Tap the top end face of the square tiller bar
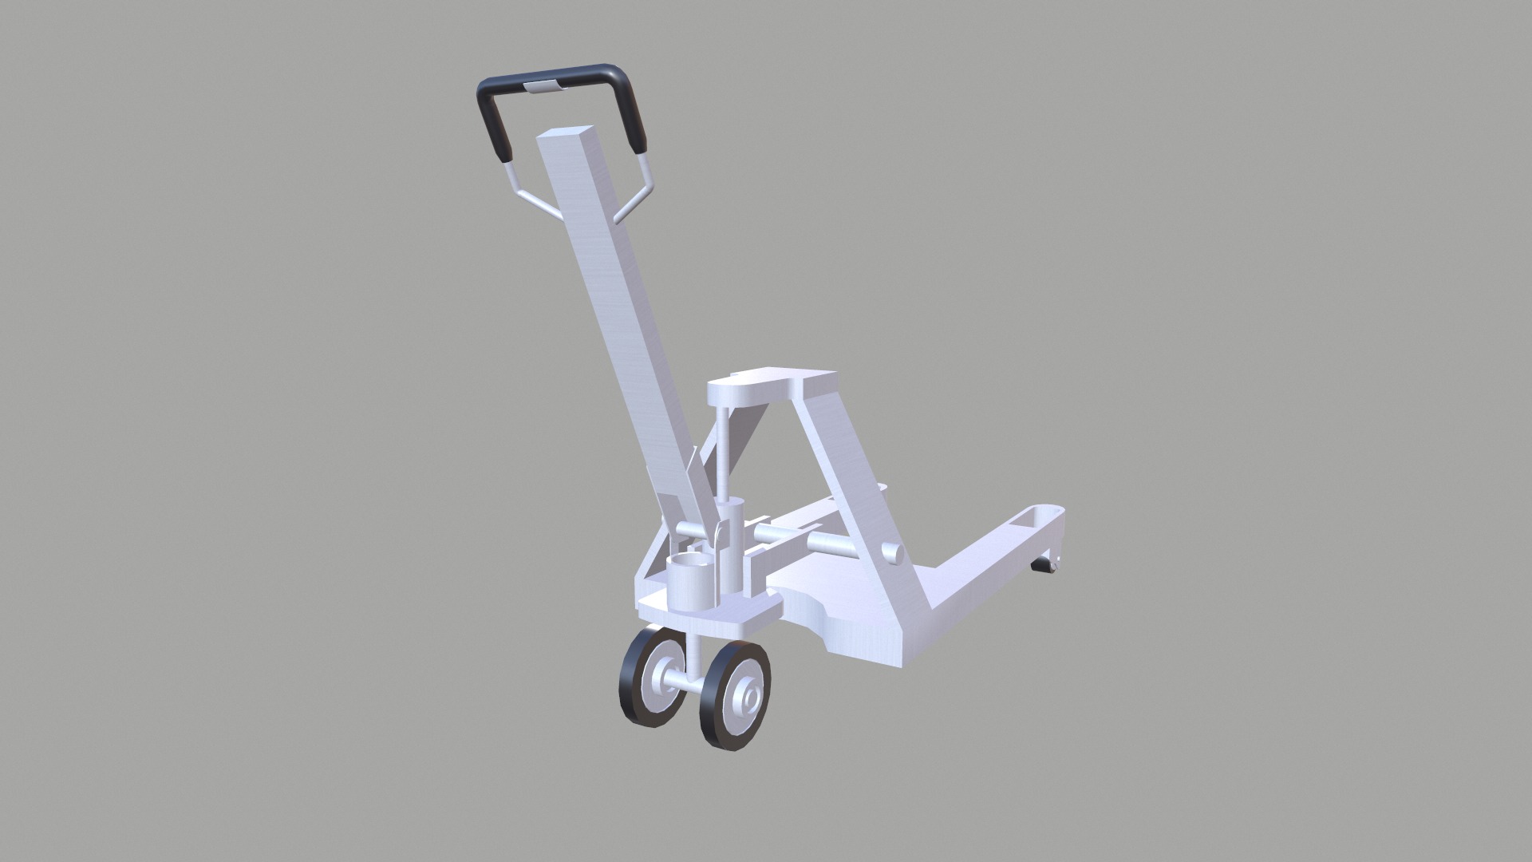pos(567,135)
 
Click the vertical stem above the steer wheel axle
pos(693,646)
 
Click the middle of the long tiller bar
pos(622,319)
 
